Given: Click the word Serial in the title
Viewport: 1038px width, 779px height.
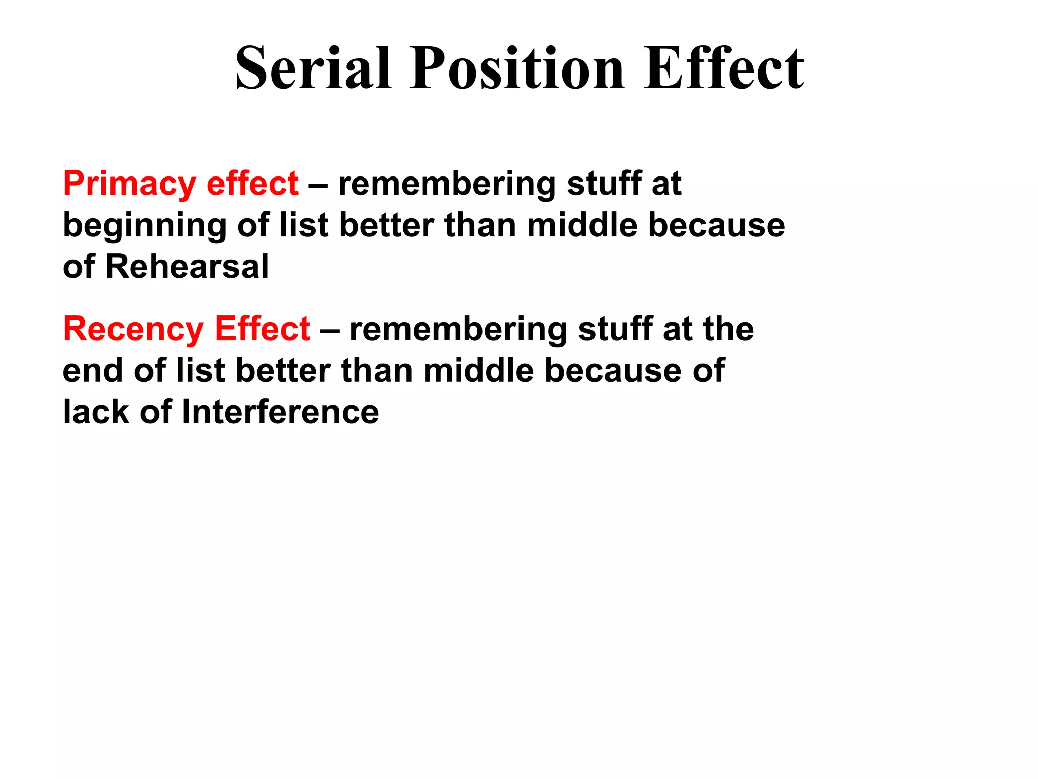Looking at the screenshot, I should pyautogui.click(x=313, y=68).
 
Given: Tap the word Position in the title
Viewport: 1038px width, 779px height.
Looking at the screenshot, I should pyautogui.click(x=516, y=68).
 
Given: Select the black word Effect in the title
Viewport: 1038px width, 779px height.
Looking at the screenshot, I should pyautogui.click(x=723, y=68).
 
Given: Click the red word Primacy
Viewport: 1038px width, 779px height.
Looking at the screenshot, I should pyautogui.click(x=129, y=184).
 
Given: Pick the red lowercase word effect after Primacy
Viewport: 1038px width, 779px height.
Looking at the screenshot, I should pyautogui.click(x=252, y=184).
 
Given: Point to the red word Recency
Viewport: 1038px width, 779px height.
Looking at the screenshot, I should pyautogui.click(x=133, y=329).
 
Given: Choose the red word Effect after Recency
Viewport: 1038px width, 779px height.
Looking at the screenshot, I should pyautogui.click(x=262, y=329).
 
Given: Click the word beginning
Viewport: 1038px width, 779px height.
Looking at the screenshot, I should pyautogui.click(x=144, y=226).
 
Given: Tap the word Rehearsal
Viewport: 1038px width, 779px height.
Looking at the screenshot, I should pyautogui.click(x=187, y=267).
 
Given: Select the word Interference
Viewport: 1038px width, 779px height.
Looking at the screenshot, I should pyautogui.click(x=280, y=412).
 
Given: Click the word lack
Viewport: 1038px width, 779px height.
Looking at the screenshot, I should pyautogui.click(x=96, y=412).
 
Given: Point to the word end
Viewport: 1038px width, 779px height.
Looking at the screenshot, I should pyautogui.click(x=93, y=371).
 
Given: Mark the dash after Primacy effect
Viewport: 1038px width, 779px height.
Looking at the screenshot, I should pyautogui.click(x=318, y=185).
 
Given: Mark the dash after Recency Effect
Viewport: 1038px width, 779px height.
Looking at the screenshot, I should pyautogui.click(x=329, y=330).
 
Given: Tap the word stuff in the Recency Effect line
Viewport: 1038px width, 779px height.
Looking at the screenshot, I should pyautogui.click(x=615, y=329).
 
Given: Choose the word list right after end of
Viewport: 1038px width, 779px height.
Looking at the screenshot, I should pyautogui.click(x=200, y=371).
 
